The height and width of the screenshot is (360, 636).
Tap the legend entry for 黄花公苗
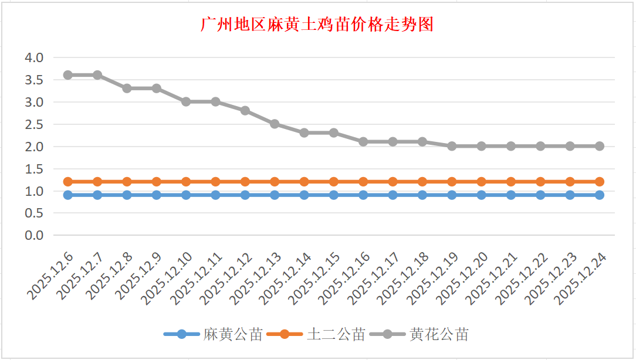[x=439, y=335]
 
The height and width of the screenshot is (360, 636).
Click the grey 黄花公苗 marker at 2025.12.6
[x=68, y=75]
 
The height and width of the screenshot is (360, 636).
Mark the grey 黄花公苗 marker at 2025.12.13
[x=275, y=124]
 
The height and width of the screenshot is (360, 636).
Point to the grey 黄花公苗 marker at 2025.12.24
[x=600, y=146]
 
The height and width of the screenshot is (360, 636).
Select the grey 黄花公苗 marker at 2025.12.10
[x=186, y=101]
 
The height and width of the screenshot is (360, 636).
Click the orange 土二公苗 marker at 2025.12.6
[x=68, y=182]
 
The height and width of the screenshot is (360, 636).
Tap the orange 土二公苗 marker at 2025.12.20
[x=482, y=182]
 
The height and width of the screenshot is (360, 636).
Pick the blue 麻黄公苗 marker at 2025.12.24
[x=600, y=195]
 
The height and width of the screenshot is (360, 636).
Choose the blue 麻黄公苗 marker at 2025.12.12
[x=245, y=195]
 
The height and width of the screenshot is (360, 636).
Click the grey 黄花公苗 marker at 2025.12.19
[x=452, y=146]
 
